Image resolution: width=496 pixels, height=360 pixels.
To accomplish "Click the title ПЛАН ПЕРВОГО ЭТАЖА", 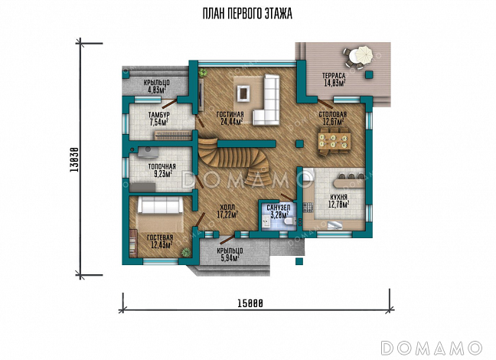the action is coord(247,14).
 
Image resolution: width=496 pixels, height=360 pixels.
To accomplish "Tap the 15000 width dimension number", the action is coord(250,303).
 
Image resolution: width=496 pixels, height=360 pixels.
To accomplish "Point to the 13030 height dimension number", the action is coord(74,159).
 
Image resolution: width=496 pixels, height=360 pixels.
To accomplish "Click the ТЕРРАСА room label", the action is coord(334,76).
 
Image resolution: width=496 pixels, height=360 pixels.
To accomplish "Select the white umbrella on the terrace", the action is coord(364,54).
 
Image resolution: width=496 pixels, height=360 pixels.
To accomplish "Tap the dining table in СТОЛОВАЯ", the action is coord(334,141).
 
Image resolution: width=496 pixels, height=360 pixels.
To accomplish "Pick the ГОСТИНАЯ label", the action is coord(230,114).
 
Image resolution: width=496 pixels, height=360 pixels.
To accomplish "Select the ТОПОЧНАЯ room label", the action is coord(162,166).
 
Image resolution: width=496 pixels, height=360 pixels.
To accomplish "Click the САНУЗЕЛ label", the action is coord(279,208).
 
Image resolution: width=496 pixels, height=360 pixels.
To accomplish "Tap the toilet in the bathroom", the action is coord(289,221).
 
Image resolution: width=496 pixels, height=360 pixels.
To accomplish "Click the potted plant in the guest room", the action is coord(185,252).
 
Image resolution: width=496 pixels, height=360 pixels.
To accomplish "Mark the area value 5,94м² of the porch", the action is coord(230,258).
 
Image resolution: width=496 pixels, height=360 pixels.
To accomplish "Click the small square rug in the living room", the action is coord(243,93).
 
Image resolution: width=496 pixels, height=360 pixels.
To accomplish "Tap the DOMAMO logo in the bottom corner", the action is coord(432,348).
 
